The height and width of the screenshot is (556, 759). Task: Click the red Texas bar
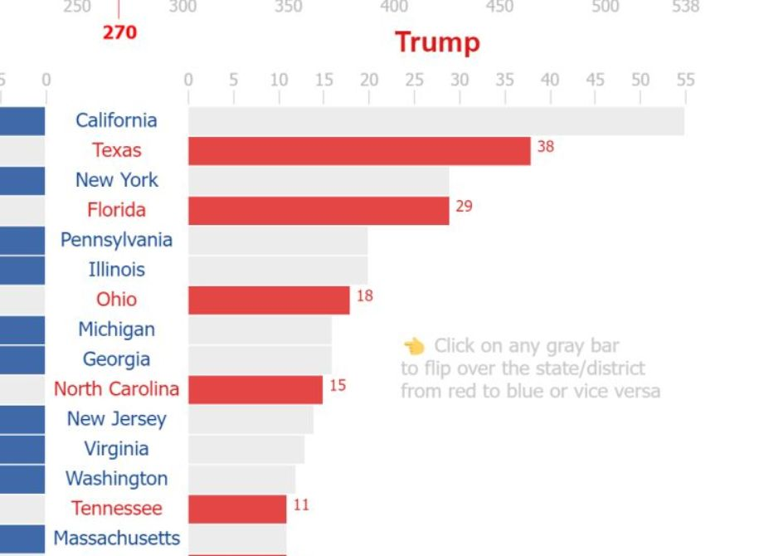coord(358,151)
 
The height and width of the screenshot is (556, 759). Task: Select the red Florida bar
coord(318,211)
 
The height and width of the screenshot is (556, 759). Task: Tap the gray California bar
coord(435,121)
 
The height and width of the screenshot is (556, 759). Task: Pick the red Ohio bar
coord(269,300)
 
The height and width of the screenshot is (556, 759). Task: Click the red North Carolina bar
coord(255,390)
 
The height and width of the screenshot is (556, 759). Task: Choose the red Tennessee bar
coord(236,509)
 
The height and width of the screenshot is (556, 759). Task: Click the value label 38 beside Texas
coord(545,147)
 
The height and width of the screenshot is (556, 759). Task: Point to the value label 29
coord(464,206)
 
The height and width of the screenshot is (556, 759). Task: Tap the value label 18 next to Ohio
coord(364,295)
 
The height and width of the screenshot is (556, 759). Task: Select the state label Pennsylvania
coord(116,240)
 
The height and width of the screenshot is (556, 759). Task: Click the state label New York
coord(116,180)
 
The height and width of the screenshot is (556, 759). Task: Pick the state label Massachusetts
coord(116,538)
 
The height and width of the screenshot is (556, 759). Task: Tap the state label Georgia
coord(116,359)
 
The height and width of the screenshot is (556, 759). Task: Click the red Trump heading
coord(437,41)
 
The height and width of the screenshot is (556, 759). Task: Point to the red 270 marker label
coord(119,33)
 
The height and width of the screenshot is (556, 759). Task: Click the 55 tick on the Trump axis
coord(684,80)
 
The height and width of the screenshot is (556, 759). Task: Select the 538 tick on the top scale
coord(685,7)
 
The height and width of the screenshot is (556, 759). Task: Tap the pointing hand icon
coord(414,346)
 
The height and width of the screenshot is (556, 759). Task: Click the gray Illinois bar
coord(277,271)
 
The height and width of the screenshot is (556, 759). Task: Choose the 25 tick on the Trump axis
coord(414,80)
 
